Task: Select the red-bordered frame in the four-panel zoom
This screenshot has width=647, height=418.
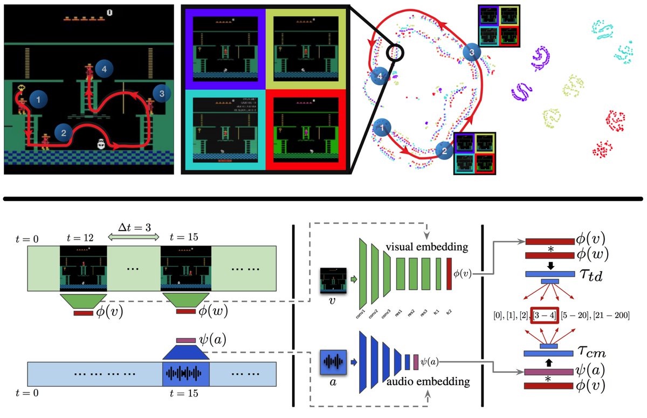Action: pos(305,130)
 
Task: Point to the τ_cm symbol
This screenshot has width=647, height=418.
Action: pos(589,354)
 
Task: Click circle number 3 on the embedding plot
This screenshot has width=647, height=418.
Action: pos(471,53)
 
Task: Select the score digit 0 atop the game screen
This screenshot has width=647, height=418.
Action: pos(109,12)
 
